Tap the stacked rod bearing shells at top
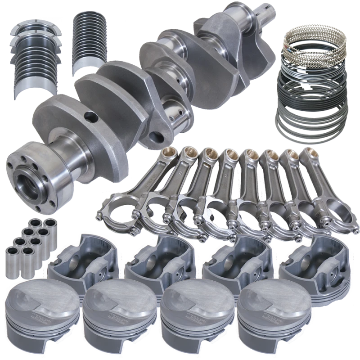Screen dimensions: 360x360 coord(89,40)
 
